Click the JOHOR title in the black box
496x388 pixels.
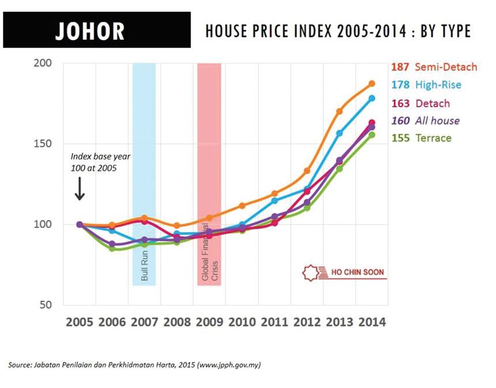click(x=90, y=31)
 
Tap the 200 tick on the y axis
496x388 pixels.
click(x=43, y=63)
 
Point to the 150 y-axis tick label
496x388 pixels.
click(x=43, y=144)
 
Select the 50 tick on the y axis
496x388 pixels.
click(x=46, y=305)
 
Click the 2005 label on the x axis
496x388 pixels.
click(x=80, y=322)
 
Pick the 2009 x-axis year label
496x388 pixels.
click(x=209, y=322)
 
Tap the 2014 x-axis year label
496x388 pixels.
click(x=372, y=322)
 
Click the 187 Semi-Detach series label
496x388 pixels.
click(x=434, y=67)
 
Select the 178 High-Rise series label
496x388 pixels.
click(x=426, y=85)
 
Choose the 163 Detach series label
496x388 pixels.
click(x=420, y=103)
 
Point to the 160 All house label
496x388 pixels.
click(x=426, y=121)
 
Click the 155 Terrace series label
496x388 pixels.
click(x=422, y=138)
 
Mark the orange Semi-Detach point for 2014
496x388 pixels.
click(x=372, y=84)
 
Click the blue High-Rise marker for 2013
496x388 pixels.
click(x=340, y=133)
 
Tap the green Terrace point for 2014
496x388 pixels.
click(x=372, y=135)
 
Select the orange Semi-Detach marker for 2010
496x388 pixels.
click(x=242, y=206)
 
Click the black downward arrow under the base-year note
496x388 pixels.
click(x=80, y=189)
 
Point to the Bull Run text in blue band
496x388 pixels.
click(x=145, y=266)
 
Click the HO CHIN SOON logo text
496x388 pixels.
click(x=358, y=272)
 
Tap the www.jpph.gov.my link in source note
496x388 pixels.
click(x=229, y=365)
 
